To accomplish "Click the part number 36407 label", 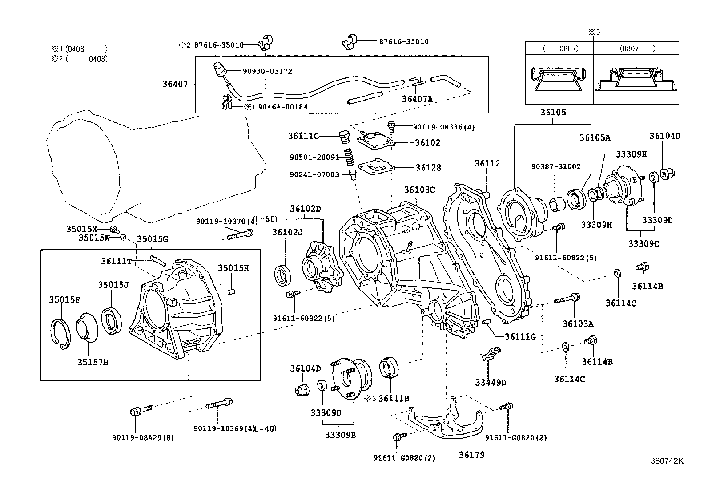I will click(176, 84).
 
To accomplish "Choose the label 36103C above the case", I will click(419, 190).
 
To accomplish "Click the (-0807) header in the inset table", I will click(560, 48).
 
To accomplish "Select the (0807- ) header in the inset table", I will click(636, 48).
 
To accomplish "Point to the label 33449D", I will click(491, 383).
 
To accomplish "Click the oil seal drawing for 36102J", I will click(283, 274).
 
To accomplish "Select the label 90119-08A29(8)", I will click(143, 437).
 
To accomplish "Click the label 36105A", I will click(595, 137).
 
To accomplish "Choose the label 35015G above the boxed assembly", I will click(152, 239).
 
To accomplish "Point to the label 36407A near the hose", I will click(417, 99).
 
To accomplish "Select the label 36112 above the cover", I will click(487, 163).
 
